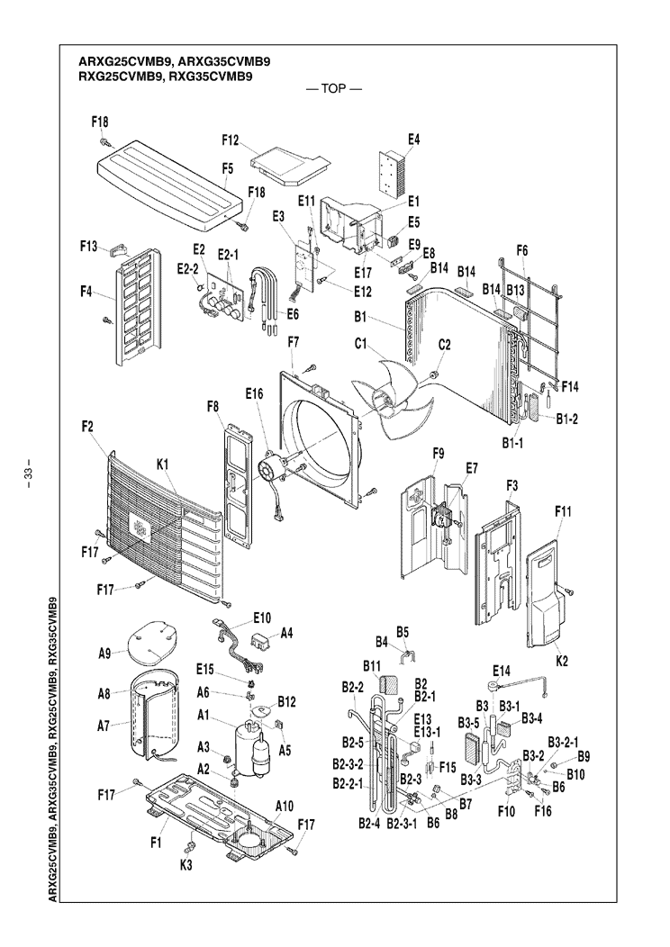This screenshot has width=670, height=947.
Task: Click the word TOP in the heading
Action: [334, 91]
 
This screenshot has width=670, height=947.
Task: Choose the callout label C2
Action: [444, 343]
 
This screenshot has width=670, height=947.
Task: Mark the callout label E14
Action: [502, 670]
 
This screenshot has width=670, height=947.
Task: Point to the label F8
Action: [213, 407]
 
